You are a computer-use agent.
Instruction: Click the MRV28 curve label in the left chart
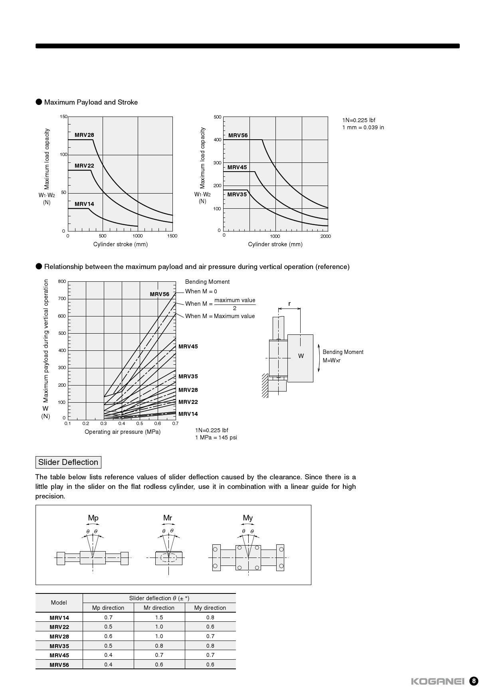84,135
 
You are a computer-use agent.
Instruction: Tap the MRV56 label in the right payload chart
238,135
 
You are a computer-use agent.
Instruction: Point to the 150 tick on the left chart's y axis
63,117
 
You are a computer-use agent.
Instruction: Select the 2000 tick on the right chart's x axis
325,236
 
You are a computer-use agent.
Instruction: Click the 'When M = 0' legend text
201,291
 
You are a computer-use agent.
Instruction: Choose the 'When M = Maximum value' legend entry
220,316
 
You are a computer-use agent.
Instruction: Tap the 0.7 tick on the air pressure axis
175,423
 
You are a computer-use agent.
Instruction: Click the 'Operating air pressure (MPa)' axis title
123,432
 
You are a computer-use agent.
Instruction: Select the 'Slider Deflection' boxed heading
68,462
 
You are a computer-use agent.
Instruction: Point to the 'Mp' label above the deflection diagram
93,518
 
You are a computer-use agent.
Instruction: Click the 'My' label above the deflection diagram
248,518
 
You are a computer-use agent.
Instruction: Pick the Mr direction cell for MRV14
159,617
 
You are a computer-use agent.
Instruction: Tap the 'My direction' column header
210,608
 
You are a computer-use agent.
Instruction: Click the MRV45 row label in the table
59,655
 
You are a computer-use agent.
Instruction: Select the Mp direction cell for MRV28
108,636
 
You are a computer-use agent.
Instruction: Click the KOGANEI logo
438,681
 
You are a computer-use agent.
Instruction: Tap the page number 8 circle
473,681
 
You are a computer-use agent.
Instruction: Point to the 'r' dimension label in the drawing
289,304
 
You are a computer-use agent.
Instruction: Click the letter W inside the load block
301,356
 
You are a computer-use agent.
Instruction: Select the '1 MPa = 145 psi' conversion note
216,437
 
